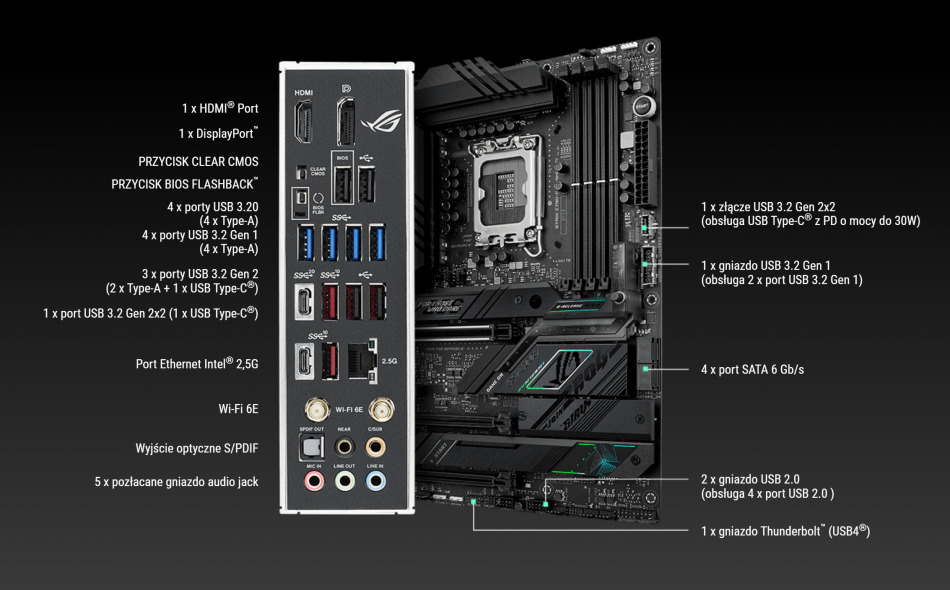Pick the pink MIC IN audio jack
coord(312,481)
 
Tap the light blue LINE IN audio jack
coord(377,481)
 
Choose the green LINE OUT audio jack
coord(345,481)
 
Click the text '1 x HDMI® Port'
coord(220,108)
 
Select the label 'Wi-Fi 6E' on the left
coord(238,408)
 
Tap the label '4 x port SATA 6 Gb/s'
coord(752,370)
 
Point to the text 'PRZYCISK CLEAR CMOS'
coord(198,161)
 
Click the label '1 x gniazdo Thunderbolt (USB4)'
coord(785,531)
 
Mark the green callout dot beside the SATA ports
coord(647,369)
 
